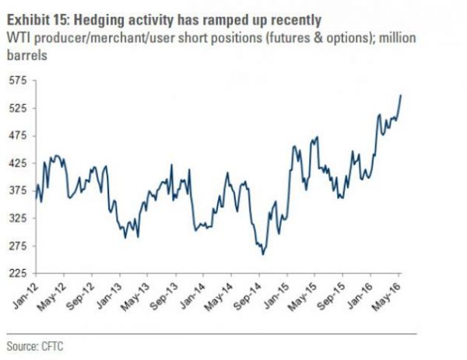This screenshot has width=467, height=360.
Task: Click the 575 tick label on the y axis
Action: click(x=18, y=81)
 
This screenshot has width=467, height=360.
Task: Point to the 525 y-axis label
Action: click(x=18, y=108)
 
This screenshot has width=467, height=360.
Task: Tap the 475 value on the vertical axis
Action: click(x=18, y=136)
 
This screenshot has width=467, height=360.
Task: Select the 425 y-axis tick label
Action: click(x=18, y=163)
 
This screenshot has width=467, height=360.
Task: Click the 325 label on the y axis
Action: click(x=18, y=218)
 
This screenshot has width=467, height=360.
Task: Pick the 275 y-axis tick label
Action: click(x=18, y=246)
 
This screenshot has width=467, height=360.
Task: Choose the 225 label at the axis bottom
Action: click(x=18, y=273)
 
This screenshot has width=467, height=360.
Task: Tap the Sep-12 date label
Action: click(x=80, y=296)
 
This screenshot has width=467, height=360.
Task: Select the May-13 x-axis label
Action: click(x=135, y=296)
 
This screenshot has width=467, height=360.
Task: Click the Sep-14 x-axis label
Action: click(x=248, y=296)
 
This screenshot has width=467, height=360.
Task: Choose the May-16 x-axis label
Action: click(x=388, y=296)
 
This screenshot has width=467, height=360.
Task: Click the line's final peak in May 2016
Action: click(x=401, y=95)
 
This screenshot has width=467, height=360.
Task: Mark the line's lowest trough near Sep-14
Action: click(x=263, y=254)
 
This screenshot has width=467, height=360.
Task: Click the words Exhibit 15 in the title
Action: click(x=38, y=20)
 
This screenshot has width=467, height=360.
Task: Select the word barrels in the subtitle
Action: click(x=27, y=55)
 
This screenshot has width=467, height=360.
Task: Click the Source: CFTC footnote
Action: click(x=35, y=347)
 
